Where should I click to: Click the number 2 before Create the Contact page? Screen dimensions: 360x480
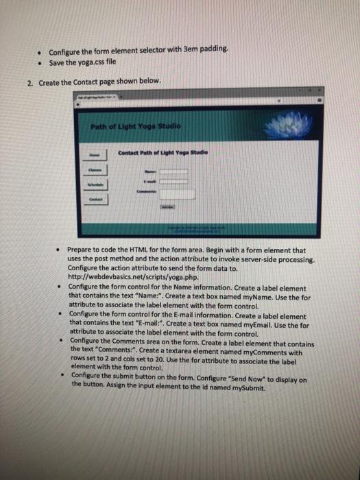tap(30, 82)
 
